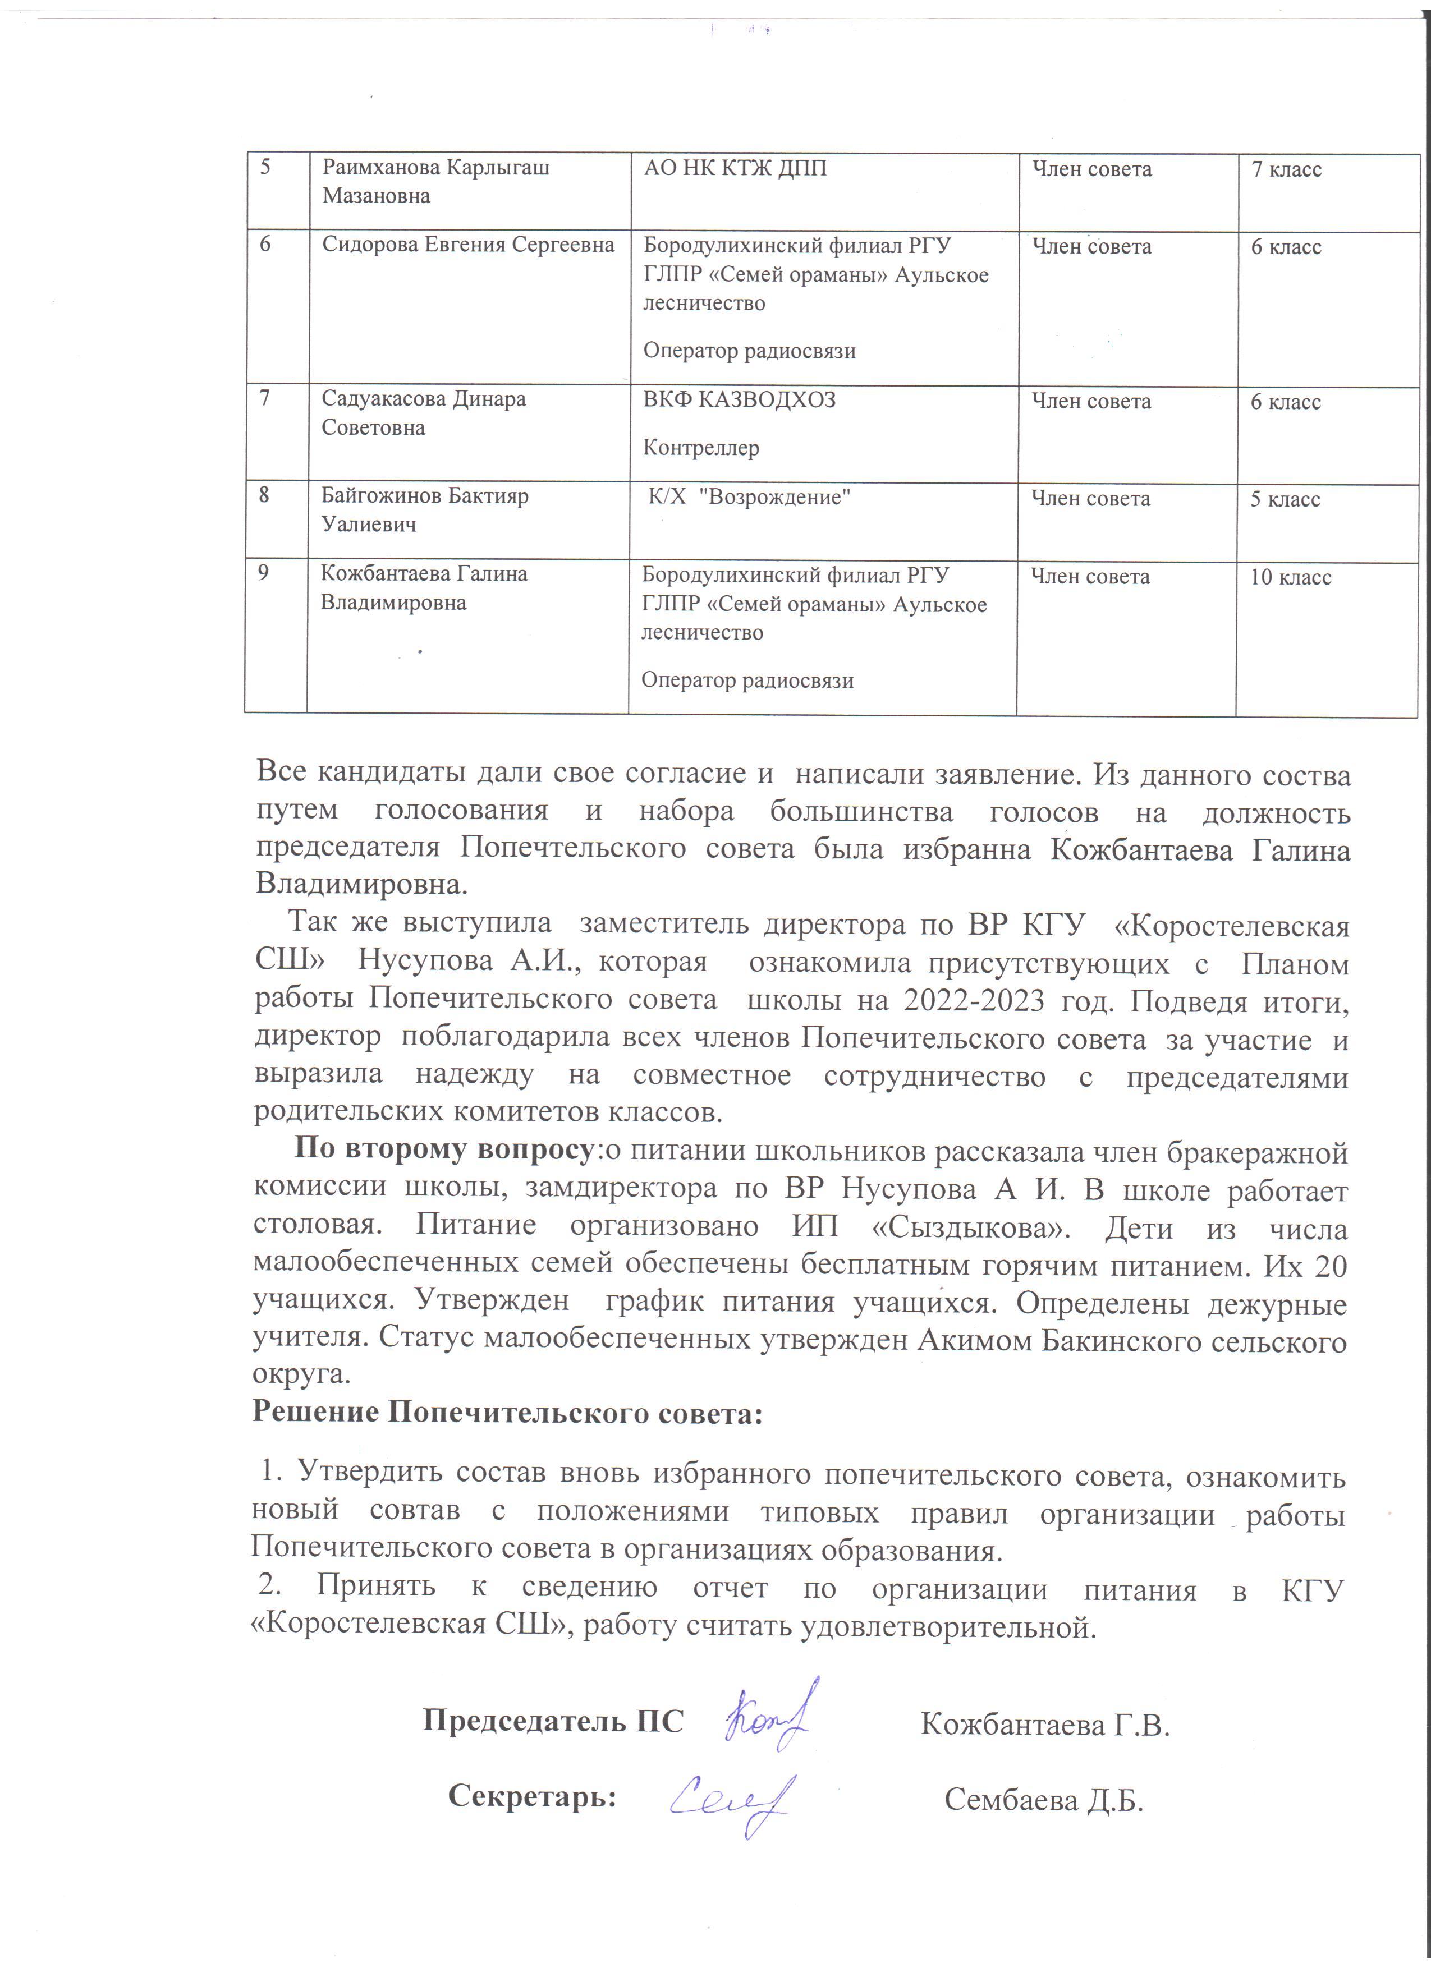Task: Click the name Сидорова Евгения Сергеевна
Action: coord(468,246)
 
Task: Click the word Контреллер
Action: coord(700,449)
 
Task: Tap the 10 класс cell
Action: coord(1290,578)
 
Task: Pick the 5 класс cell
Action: coord(1285,500)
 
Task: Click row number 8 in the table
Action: coord(264,495)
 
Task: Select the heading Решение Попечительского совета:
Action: coord(507,1414)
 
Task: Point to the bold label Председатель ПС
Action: coord(553,1721)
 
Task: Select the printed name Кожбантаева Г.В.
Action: coord(1045,1724)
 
